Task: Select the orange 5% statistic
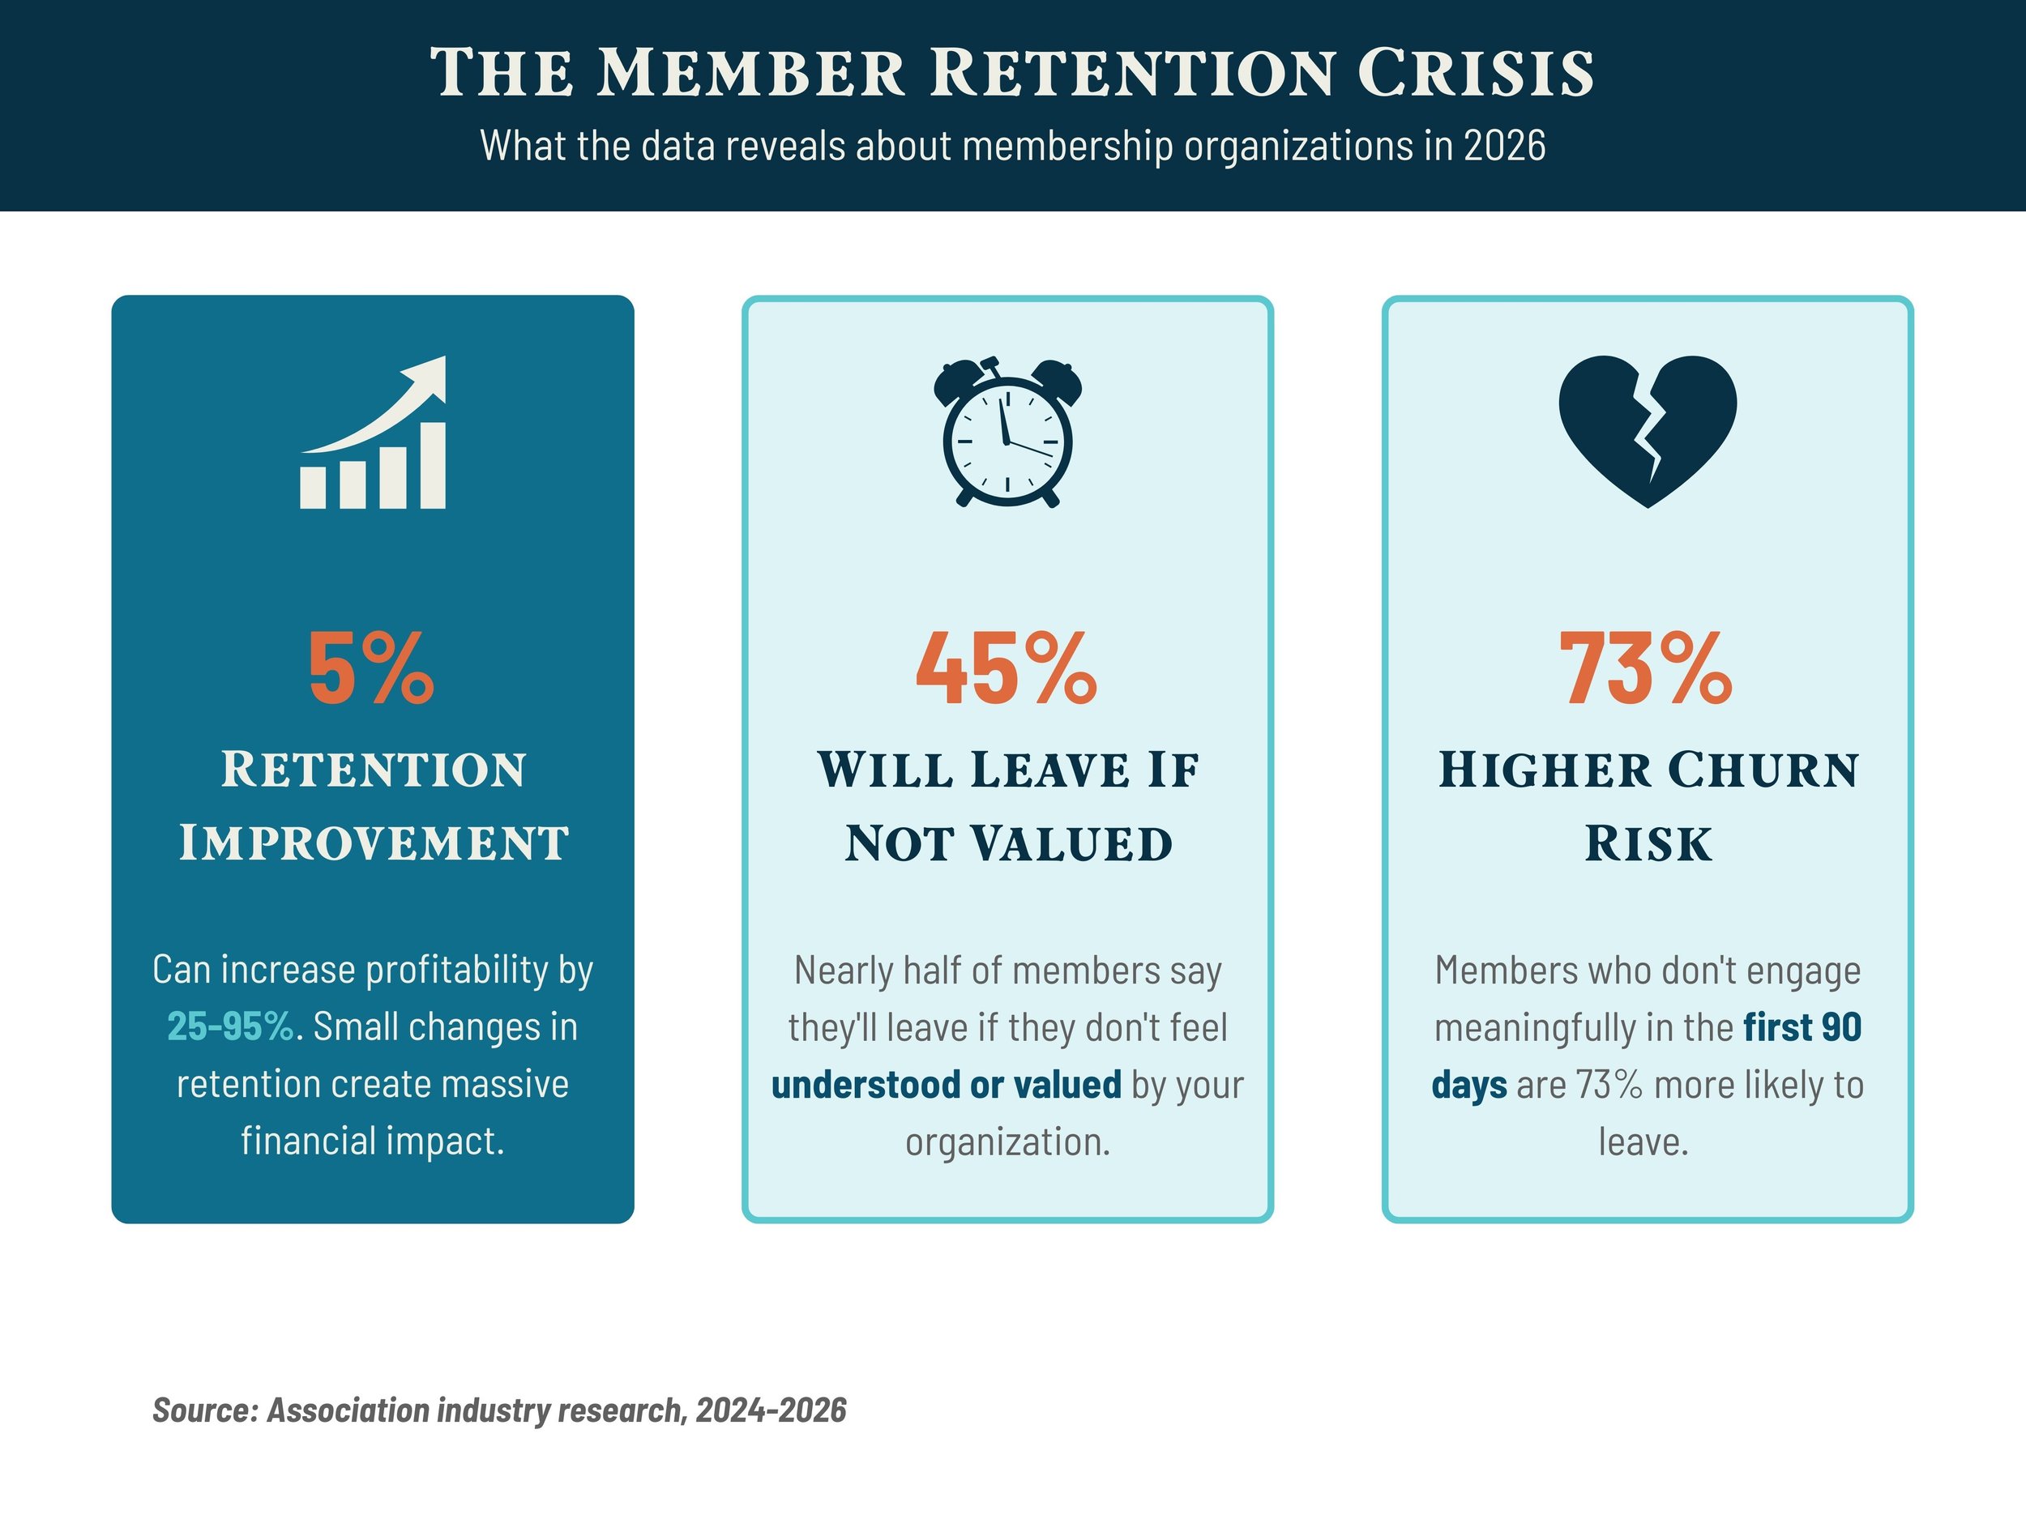(371, 669)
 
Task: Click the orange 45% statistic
(1007, 669)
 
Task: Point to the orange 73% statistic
(1646, 669)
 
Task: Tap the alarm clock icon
(1007, 432)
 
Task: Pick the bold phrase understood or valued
(946, 1085)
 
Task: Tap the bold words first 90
(1802, 1027)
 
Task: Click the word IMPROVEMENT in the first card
(374, 843)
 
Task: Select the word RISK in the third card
(1648, 843)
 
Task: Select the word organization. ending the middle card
(1007, 1142)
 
